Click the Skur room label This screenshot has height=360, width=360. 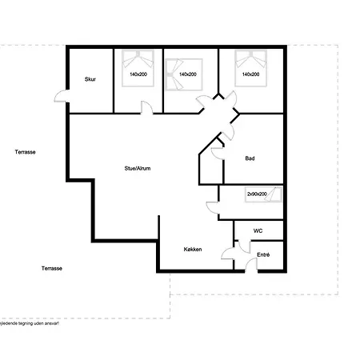tap(90, 80)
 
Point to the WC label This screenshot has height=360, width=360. tap(258, 230)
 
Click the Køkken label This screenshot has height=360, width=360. tap(193, 250)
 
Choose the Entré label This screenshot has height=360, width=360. tap(263, 255)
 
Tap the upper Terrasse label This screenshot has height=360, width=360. tap(26, 150)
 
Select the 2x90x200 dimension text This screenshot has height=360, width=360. tap(258, 194)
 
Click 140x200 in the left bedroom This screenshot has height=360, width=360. tap(138, 74)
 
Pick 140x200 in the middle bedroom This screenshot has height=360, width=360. tap(188, 74)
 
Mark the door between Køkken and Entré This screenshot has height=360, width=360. tap(229, 258)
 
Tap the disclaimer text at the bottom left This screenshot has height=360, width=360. tap(29, 323)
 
